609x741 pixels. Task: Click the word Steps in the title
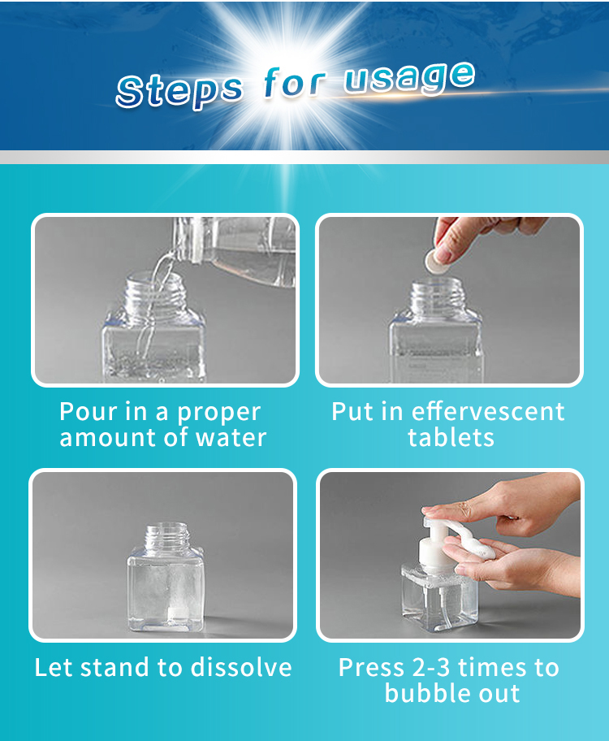[179, 90]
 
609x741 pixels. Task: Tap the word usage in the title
[409, 78]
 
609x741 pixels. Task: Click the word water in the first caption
[231, 438]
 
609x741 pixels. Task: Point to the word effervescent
[488, 411]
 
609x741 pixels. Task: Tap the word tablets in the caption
[451, 437]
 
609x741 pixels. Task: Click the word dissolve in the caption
[241, 667]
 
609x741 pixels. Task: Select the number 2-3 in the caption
[432, 668]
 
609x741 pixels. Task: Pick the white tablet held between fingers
[435, 261]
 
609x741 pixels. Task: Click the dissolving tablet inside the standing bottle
[175, 615]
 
